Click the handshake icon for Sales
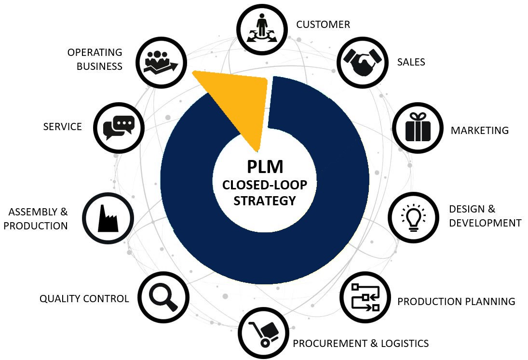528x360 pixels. [x=362, y=62]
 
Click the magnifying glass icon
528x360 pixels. [x=163, y=297]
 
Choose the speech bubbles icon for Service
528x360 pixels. [x=118, y=128]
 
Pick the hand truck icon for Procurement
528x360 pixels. [x=263, y=333]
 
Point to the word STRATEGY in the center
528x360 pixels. [x=264, y=200]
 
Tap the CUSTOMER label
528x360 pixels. [x=323, y=25]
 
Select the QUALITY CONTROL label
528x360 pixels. [x=84, y=299]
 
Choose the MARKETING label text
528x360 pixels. [x=479, y=130]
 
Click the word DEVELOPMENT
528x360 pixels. [x=485, y=223]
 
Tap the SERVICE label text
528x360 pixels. [x=62, y=127]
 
